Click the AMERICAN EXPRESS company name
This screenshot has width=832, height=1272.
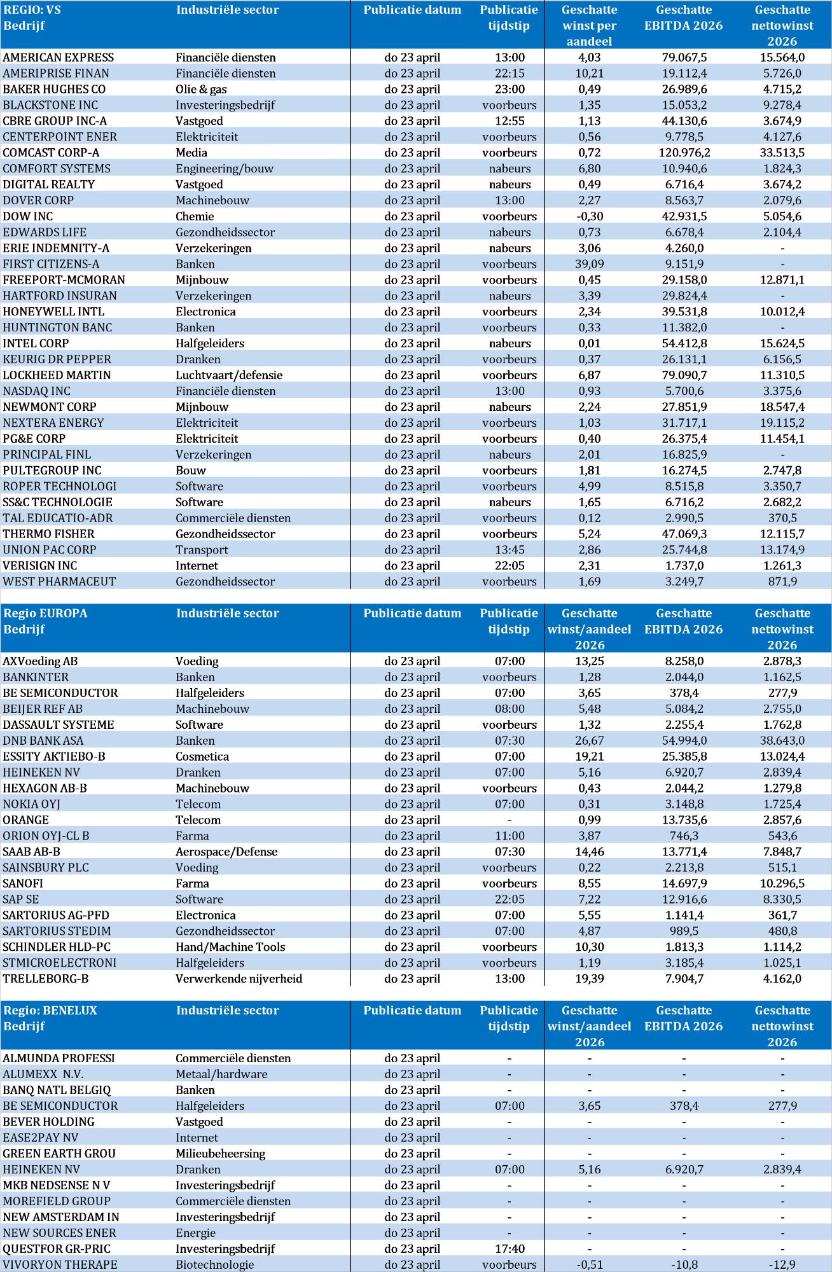[59, 57]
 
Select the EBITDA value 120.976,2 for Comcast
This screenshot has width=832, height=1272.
[684, 153]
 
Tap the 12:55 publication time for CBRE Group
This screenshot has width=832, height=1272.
[510, 121]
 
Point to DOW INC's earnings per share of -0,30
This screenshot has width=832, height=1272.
[589, 216]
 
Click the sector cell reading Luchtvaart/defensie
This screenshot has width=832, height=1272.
[229, 375]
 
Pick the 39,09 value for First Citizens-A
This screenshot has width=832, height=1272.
[589, 264]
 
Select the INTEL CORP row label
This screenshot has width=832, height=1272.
[36, 343]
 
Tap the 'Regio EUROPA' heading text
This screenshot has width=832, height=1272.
[45, 614]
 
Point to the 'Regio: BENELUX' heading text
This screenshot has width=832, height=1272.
[50, 1011]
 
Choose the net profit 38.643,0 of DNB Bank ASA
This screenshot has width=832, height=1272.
[782, 741]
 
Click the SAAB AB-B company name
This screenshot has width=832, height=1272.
[32, 852]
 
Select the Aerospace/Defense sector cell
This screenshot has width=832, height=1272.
[226, 852]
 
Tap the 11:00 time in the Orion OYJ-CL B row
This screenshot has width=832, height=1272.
[510, 836]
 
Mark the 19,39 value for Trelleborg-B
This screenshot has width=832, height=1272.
[589, 979]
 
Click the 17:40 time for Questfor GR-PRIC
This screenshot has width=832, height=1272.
[510, 1248]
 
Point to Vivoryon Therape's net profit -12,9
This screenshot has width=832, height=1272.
[782, 1264]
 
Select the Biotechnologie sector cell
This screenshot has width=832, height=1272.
[215, 1264]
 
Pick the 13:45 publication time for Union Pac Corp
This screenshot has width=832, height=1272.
[510, 550]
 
